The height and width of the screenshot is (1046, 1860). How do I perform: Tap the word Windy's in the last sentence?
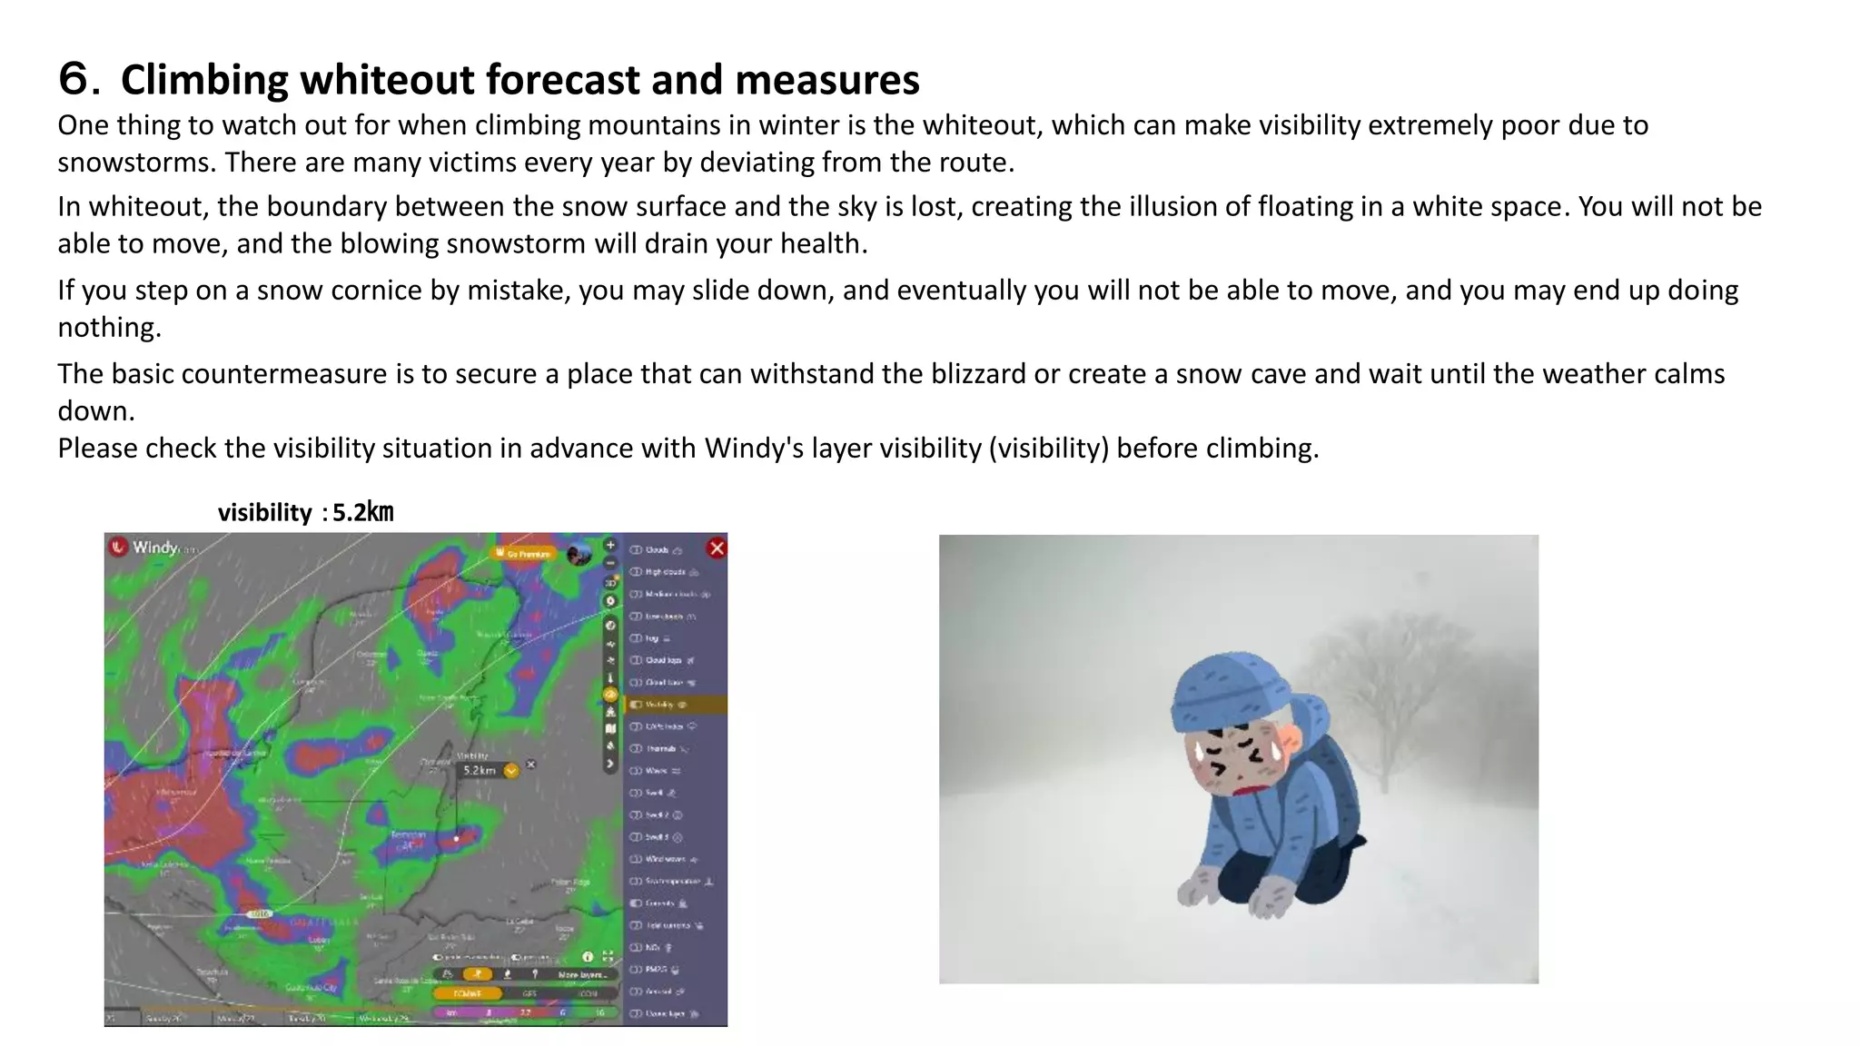754,448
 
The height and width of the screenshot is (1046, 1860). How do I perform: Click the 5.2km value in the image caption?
362,512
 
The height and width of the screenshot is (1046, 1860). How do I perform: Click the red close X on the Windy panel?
717,548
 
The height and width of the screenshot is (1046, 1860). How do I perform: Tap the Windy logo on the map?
145,547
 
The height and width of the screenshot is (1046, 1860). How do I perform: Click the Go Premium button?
524,553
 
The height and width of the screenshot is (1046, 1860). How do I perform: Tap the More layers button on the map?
580,974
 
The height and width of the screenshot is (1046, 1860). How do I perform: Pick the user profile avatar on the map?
579,554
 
